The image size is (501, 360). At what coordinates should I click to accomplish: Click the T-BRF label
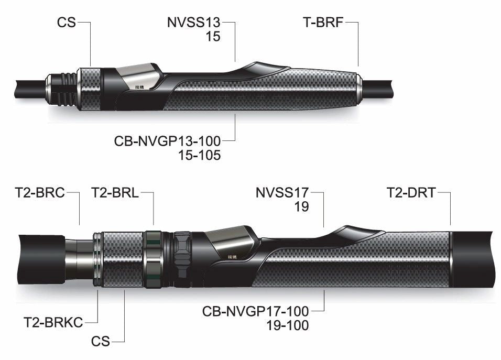point(323,23)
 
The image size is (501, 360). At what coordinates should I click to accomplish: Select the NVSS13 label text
point(194,23)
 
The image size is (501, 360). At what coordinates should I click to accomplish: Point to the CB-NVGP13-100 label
point(167,141)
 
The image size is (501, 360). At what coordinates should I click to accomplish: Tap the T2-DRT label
point(411,193)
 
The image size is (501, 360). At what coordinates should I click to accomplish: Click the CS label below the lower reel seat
point(100,342)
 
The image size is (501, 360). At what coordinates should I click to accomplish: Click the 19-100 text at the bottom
point(286,325)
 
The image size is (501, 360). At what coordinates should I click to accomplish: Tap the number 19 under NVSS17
point(301,206)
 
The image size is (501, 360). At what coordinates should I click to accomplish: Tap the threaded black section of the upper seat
point(59,92)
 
